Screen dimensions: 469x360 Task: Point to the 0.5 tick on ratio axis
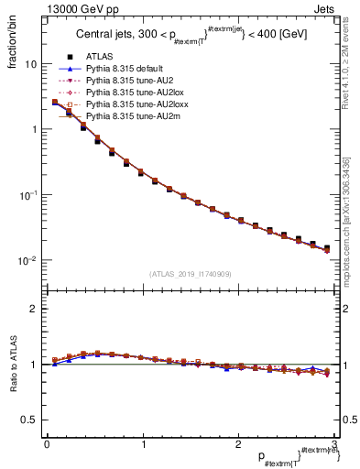pyautogui.click(x=30, y=420)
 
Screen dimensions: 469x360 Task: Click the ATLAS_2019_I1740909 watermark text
pyautogui.click(x=190, y=274)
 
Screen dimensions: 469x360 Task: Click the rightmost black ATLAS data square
pyautogui.click(x=326, y=247)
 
